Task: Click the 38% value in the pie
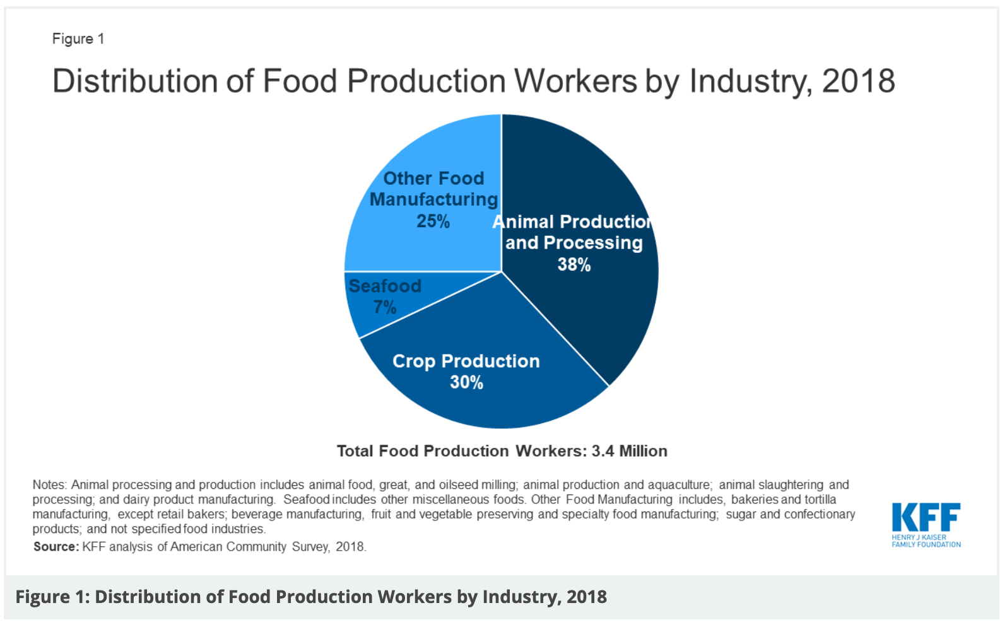coord(574,264)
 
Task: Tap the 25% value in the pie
coord(433,221)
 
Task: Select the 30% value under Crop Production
coord(466,382)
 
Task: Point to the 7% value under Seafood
coord(384,307)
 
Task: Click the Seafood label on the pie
coord(385,286)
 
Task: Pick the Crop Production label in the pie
coord(466,361)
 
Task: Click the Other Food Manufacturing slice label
coord(433,189)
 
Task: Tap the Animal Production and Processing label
coord(573,232)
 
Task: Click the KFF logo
coord(926,518)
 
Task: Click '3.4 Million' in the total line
coord(629,451)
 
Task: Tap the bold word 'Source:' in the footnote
coord(56,547)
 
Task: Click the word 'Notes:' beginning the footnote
coord(49,485)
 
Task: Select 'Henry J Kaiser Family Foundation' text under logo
coord(926,541)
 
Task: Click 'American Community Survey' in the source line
coord(228,547)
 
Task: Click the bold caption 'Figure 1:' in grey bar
coord(52,597)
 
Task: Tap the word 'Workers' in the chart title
coord(575,81)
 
